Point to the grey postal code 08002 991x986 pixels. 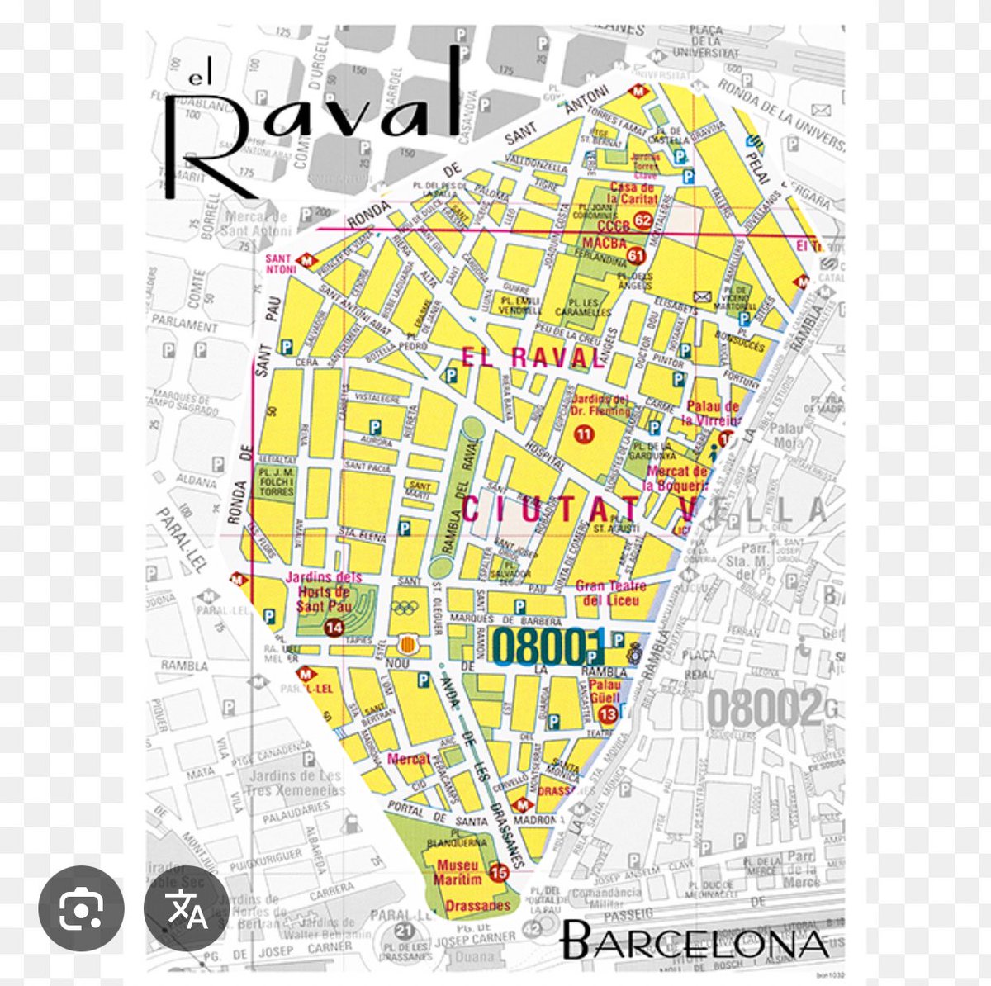[765, 708]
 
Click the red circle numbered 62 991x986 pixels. [642, 220]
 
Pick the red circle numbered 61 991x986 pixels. [636, 256]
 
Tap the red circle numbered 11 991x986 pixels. [584, 434]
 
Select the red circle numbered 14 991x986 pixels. [334, 628]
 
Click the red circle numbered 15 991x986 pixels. [498, 872]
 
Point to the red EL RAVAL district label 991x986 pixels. [533, 358]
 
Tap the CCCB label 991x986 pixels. [612, 226]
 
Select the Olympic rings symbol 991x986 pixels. [405, 609]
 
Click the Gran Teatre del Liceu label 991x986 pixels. [611, 593]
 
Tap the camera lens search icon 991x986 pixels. [81, 908]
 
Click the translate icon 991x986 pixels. [187, 908]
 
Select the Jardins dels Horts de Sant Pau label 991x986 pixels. [324, 591]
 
